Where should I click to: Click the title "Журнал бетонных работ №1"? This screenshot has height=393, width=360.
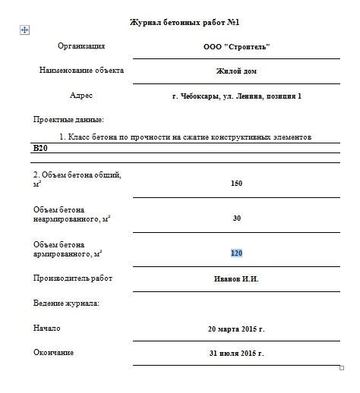[185, 24]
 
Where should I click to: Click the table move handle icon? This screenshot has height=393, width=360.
[24, 30]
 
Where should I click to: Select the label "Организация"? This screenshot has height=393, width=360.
[81, 46]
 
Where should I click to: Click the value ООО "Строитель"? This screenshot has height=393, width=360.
[237, 46]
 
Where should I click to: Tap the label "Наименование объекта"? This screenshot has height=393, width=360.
[81, 71]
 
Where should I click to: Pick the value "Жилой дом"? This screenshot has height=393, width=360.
[236, 71]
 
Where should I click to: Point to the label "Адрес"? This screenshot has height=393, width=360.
[81, 96]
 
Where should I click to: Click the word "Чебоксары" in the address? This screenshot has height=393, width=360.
[207, 96]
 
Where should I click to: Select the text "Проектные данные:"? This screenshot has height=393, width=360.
[68, 120]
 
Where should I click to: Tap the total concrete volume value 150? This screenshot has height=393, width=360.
[236, 183]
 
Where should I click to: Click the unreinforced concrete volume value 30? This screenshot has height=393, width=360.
[236, 218]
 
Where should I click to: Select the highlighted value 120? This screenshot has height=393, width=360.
[236, 253]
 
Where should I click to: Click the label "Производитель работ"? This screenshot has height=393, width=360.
[73, 278]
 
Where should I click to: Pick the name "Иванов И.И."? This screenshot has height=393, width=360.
[236, 279]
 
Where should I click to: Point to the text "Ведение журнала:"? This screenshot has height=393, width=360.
[66, 303]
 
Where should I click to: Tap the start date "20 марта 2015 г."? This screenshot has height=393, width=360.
[236, 329]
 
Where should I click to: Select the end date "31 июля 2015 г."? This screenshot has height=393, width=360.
[236, 354]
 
